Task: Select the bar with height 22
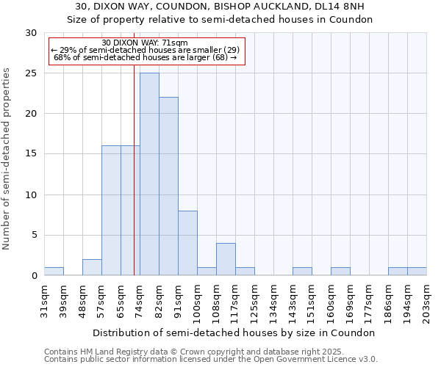tap(168, 186)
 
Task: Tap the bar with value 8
tap(187, 243)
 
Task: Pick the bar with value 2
tap(92, 267)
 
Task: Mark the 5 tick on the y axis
tap(33, 236)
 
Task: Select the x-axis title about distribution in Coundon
tap(235, 333)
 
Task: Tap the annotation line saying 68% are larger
tap(146, 57)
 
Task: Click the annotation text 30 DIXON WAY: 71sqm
tap(145, 43)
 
